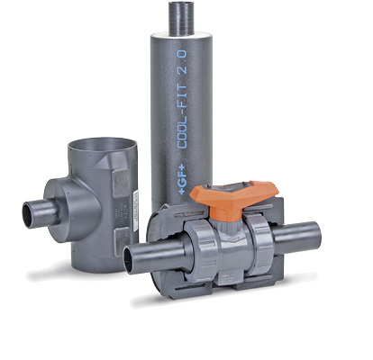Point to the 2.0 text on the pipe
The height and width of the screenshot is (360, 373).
tap(182, 62)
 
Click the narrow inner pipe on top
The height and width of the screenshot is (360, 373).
tap(181, 19)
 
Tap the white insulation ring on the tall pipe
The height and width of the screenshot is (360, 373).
tap(181, 35)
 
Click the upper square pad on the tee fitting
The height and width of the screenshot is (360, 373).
tap(121, 183)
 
